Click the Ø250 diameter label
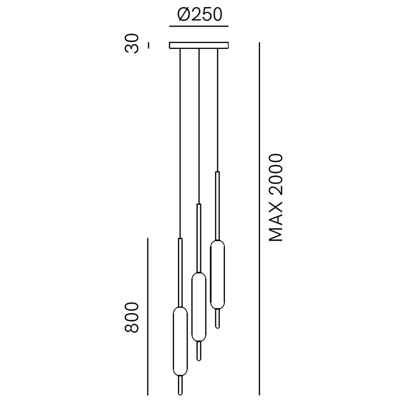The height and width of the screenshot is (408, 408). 199,14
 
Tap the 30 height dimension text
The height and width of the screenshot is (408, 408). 132,43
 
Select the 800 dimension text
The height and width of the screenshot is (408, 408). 132,317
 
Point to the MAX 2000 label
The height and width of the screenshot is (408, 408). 275,198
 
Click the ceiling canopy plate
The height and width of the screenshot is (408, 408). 199,45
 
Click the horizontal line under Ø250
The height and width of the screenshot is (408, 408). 199,27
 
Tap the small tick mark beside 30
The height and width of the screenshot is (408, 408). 148,45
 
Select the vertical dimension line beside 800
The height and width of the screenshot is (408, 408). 148,317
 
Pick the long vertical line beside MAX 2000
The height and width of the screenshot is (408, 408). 259,219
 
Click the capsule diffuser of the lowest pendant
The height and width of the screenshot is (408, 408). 180,341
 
